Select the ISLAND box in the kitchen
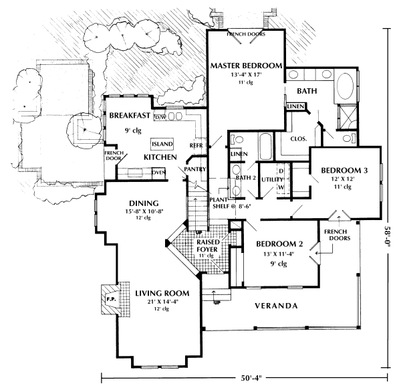[162, 144]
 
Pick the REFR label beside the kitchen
[196, 144]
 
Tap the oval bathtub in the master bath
[345, 87]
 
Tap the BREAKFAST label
[128, 114]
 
